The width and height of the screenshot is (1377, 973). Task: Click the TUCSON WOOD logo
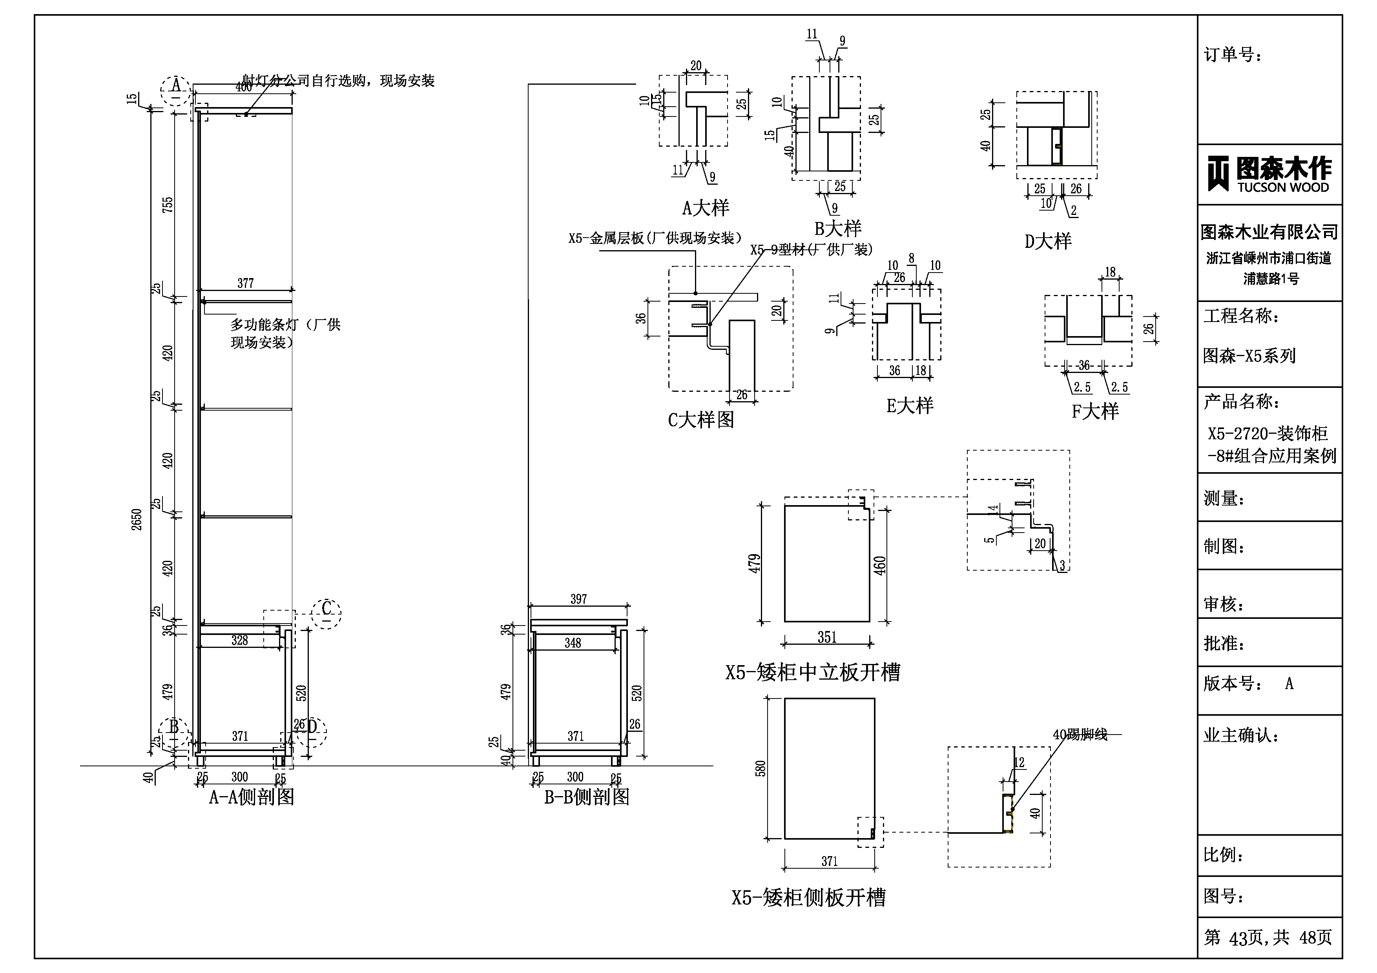[x=1269, y=174]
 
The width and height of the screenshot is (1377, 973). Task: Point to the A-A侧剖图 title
[x=251, y=797]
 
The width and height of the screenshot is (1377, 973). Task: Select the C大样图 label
[x=700, y=420]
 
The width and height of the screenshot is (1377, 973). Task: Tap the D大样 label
[x=1048, y=241]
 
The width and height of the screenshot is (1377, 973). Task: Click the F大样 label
[x=1095, y=411]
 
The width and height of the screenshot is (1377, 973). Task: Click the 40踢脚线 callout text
[x=1080, y=735]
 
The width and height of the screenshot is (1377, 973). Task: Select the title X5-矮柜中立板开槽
[x=813, y=673]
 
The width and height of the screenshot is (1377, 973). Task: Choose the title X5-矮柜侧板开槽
[x=808, y=897]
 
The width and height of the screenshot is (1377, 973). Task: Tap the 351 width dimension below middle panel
[x=827, y=637]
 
